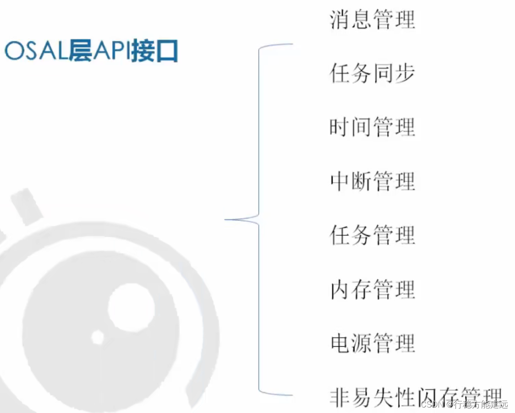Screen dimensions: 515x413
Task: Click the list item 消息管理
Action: click(372, 20)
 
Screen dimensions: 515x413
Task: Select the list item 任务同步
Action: click(372, 74)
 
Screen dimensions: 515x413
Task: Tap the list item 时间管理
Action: click(372, 127)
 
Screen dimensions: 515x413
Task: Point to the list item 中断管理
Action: click(372, 181)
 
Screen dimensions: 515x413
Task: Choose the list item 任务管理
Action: click(372, 235)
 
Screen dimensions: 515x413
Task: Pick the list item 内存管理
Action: click(372, 289)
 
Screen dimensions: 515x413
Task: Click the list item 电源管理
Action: click(372, 343)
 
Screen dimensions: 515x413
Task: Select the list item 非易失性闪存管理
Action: click(415, 397)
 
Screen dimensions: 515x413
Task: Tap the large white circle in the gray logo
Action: click(131, 308)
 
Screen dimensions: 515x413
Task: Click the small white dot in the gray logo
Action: click(98, 337)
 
